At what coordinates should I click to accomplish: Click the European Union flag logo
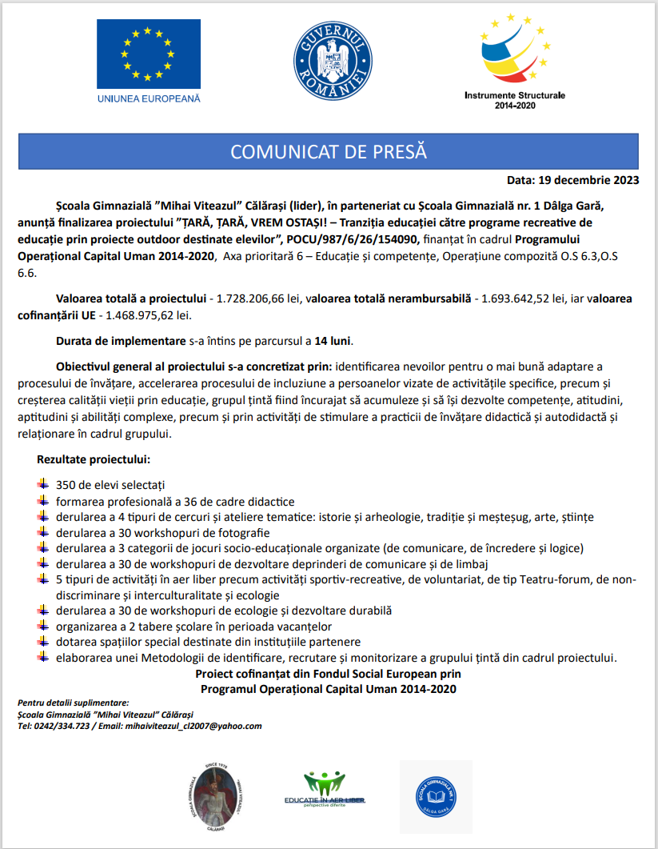point(149,54)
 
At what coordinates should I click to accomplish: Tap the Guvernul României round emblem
point(330,58)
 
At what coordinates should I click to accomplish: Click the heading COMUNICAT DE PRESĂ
point(329,152)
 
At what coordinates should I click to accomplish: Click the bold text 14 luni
point(333,341)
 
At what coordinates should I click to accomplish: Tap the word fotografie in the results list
point(241,532)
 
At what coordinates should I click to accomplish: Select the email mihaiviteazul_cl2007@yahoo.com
point(193,726)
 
